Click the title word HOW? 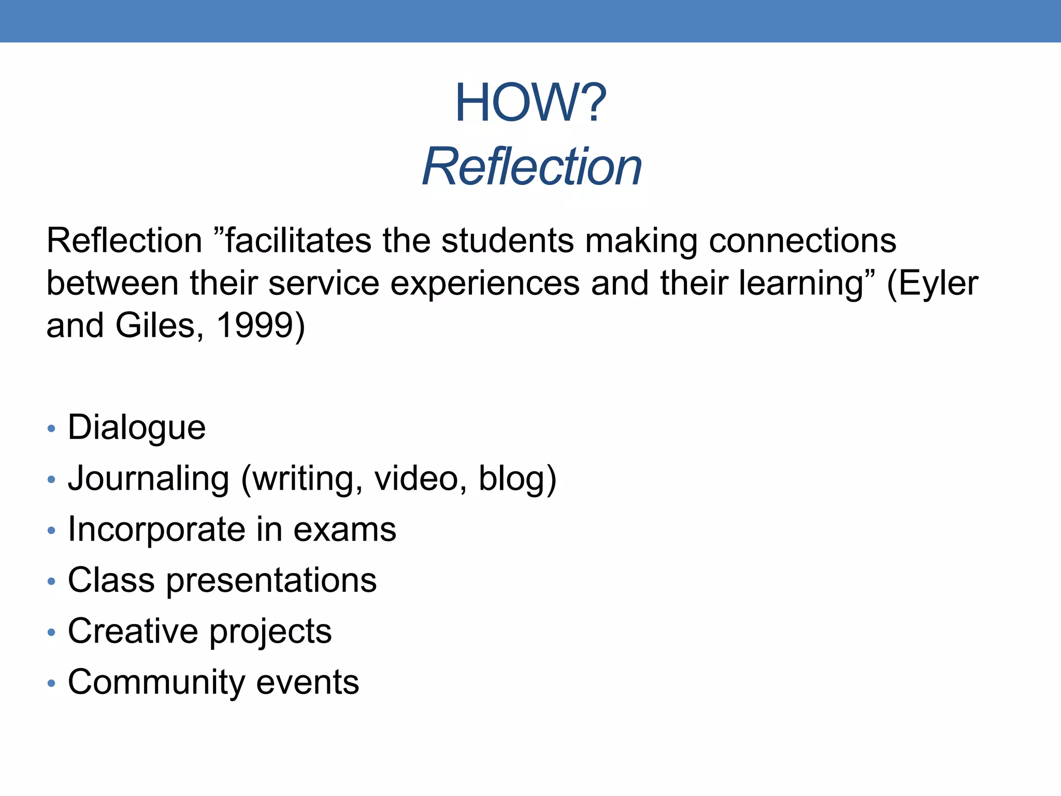point(530,103)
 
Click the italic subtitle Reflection point(532,166)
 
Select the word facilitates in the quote point(297,241)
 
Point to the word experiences point(484,283)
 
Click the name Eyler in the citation point(938,283)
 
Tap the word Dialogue point(137,428)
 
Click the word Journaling point(149,478)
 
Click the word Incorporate point(156,529)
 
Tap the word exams point(345,530)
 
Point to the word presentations point(271,580)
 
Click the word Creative point(133,631)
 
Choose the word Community point(156,682)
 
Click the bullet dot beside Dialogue point(51,429)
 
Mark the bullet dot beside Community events point(51,684)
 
